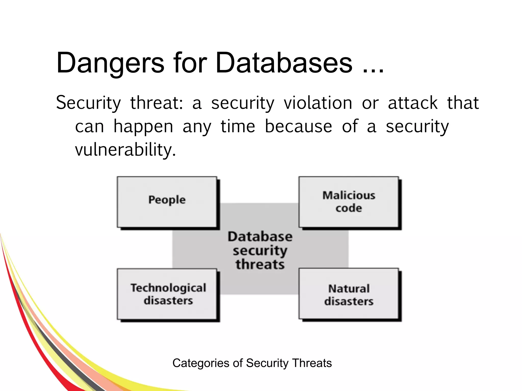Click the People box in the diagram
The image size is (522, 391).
point(167,202)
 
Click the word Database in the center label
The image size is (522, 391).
point(260,236)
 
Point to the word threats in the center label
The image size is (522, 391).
point(260,264)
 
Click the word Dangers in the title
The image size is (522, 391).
point(110,63)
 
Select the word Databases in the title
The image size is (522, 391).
point(284,63)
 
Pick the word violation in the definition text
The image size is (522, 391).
point(318,103)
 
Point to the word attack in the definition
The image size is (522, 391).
point(413,103)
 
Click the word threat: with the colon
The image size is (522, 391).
point(156,103)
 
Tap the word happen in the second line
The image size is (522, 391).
point(143,127)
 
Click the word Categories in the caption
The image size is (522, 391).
point(201,363)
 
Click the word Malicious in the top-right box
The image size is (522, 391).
point(349,195)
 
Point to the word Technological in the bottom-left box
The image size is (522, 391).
point(168,288)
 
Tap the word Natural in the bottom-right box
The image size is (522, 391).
point(349,289)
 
